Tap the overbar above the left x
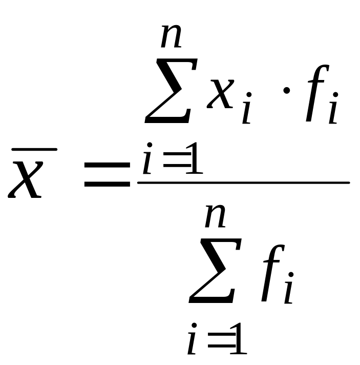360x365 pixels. [x=34, y=150]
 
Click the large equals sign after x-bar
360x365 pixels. [x=107, y=175]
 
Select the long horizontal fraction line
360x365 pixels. [x=243, y=183]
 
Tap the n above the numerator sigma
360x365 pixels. [x=171, y=36]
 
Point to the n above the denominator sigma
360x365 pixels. [x=215, y=216]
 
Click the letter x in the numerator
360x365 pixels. [x=220, y=94]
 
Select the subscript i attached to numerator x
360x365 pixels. [x=247, y=108]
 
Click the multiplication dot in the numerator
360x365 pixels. [x=286, y=90]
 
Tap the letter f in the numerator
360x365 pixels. [x=317, y=93]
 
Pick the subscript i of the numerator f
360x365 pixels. [x=333, y=108]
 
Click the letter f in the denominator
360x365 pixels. [x=273, y=273]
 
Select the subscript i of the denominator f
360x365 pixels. [x=289, y=288]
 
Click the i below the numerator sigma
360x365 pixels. [x=147, y=158]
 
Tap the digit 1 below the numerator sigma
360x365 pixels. [x=195, y=158]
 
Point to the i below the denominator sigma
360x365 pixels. [x=192, y=339]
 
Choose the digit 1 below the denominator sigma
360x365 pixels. [x=239, y=339]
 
